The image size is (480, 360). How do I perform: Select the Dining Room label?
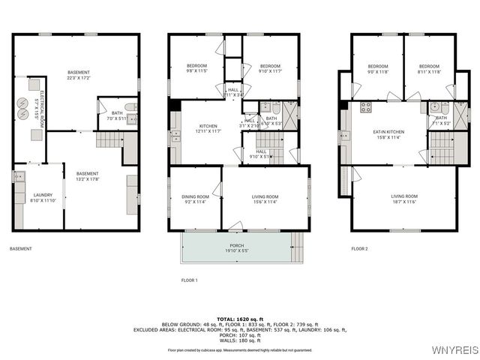click(x=195, y=199)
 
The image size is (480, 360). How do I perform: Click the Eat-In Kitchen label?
click(x=387, y=135)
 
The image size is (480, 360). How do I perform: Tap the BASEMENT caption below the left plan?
click(x=21, y=248)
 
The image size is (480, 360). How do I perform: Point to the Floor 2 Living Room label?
click(x=403, y=199)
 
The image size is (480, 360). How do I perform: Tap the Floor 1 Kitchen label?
click(x=209, y=128)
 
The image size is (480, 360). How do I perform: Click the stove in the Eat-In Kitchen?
click(x=365, y=106)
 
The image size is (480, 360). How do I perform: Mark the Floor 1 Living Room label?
click(x=266, y=199)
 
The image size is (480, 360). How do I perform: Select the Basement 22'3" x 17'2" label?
click(x=78, y=75)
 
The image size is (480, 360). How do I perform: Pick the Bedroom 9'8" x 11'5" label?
click(x=196, y=68)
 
